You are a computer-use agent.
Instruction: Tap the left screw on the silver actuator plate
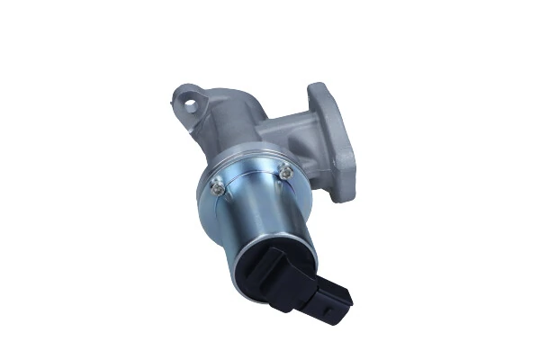pos(216,187)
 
